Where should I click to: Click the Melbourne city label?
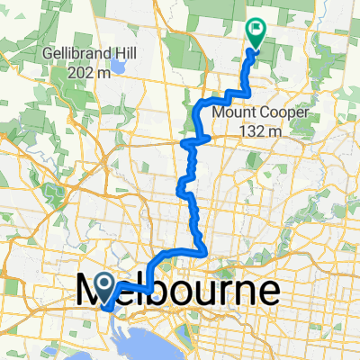pos(175,292)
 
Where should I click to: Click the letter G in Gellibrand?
pos(46,53)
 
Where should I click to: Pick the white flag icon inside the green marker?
pos(256,30)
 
